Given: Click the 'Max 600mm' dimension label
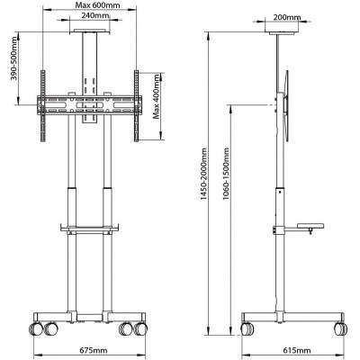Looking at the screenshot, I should [89, 6].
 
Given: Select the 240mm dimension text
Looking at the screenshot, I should [89, 17].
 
